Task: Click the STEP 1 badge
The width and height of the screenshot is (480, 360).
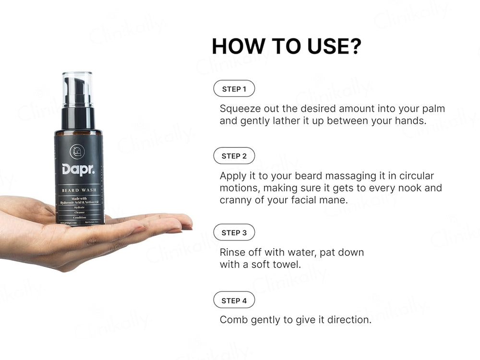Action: (234, 89)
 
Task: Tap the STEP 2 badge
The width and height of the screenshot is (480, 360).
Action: (234, 156)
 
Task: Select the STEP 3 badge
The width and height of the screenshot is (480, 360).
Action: (234, 233)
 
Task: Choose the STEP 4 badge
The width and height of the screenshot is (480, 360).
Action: (234, 301)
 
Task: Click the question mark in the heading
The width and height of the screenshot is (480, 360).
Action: (354, 47)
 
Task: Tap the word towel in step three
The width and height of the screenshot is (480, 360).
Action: (287, 264)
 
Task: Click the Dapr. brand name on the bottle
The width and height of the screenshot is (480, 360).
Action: (78, 169)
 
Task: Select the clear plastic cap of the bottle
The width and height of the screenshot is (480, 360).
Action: (78, 89)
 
